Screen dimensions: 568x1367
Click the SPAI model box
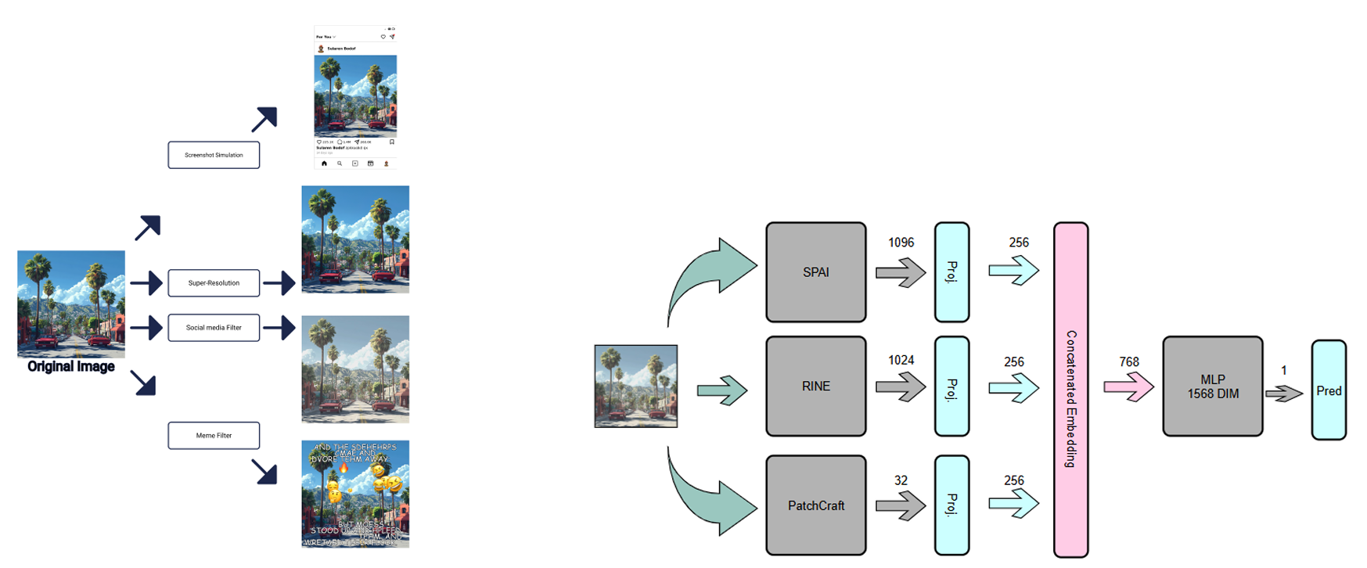tap(815, 272)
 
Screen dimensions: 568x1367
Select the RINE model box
tap(815, 386)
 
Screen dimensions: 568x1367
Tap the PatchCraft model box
tap(815, 505)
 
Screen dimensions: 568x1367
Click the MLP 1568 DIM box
tap(1212, 386)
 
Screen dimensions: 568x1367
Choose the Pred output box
tap(1328, 390)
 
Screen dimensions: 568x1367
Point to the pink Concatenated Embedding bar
tap(1070, 390)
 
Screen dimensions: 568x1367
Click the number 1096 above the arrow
tap(901, 243)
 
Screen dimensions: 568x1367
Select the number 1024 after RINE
tap(901, 360)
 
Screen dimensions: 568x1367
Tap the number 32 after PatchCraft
tap(901, 480)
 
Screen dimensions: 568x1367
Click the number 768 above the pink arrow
tap(1129, 361)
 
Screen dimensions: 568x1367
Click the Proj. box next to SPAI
tap(952, 272)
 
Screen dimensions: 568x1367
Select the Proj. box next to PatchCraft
tap(952, 505)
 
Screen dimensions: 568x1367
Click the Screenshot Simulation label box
tap(214, 155)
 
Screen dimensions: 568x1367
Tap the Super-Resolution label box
tap(214, 282)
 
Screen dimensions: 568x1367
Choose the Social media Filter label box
tap(214, 328)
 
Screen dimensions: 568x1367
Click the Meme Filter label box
tap(214, 435)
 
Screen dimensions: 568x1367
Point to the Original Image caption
tap(71, 366)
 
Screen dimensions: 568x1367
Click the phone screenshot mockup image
tap(355, 98)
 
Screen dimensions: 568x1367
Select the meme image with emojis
tap(355, 494)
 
